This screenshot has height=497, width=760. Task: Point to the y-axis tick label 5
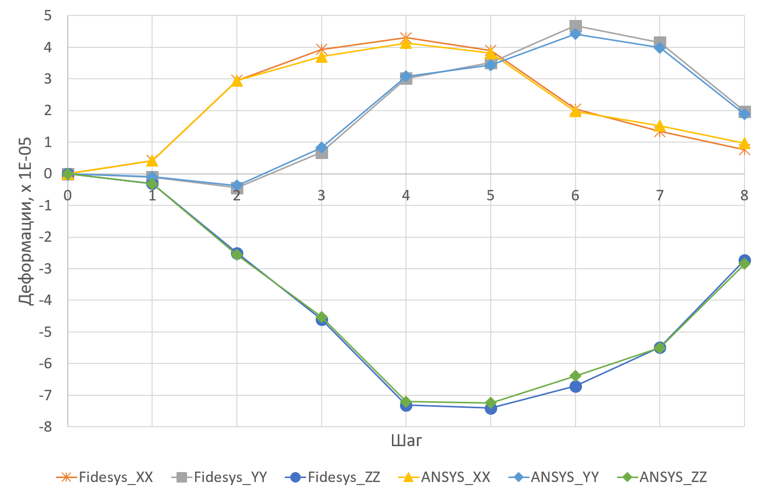point(48,15)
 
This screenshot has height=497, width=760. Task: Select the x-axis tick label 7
point(660,195)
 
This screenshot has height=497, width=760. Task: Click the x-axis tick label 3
point(321,195)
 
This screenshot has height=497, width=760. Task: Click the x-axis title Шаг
point(406,441)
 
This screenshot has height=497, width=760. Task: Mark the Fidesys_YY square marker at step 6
point(575,25)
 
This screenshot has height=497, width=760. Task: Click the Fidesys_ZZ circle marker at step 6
point(575,386)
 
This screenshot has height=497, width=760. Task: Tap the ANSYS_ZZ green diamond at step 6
point(575,375)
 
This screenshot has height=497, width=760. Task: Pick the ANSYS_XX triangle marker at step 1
point(152,161)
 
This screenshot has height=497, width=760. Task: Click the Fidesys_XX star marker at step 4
point(406,38)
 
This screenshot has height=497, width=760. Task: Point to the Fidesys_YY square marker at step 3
point(322,153)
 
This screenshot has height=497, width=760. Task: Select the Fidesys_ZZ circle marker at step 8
point(745,260)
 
